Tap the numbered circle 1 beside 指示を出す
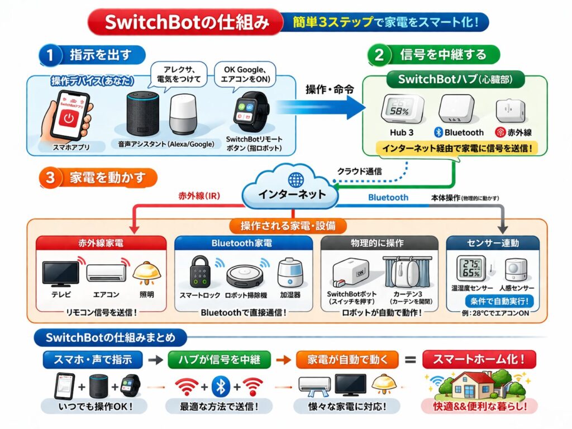pyautogui.click(x=50, y=55)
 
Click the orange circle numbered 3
pyautogui.click(x=50, y=178)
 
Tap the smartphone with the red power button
pyautogui.click(x=69, y=118)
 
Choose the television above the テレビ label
pyautogui.click(x=61, y=273)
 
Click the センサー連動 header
pyautogui.click(x=493, y=243)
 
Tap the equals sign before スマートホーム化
pyautogui.click(x=410, y=360)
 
